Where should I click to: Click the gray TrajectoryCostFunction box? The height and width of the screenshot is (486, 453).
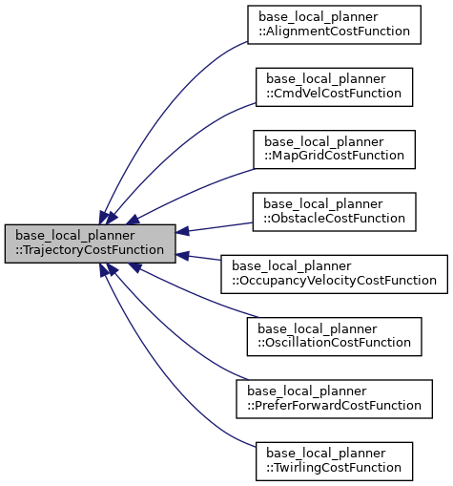point(90,243)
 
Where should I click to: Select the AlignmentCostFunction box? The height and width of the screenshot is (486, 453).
point(334,24)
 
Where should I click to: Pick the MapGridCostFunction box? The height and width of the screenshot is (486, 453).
point(334,148)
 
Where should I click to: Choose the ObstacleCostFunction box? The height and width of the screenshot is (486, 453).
point(334,210)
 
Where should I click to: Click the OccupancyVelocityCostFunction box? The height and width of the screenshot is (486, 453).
point(334,273)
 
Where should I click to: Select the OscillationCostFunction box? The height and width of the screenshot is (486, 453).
point(334,335)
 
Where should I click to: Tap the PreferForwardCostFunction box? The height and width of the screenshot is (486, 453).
point(334,397)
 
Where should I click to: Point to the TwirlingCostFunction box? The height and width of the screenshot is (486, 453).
point(334,460)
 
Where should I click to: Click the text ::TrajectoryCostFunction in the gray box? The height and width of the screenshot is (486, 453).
point(90,251)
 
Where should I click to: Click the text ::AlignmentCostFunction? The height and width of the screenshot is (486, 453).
point(334,32)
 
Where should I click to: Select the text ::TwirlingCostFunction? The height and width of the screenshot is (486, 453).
point(334,468)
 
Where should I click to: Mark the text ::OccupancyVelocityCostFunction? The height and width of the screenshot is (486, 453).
point(334,281)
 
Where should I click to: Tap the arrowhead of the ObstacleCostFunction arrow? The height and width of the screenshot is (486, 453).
point(183,231)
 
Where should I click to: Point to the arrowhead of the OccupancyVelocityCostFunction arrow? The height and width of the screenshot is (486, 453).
point(183,255)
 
